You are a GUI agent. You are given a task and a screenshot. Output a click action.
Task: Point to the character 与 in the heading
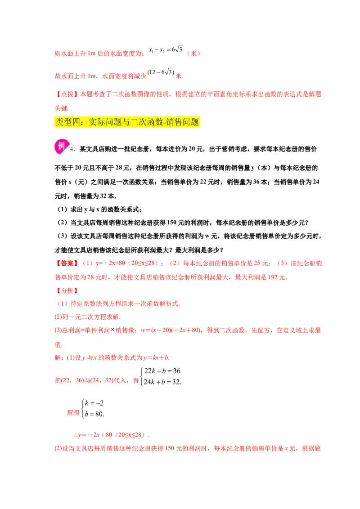point(122,122)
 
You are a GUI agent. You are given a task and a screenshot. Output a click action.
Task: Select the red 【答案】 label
point(66,263)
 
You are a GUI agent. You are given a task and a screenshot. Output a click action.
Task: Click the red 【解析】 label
point(66,290)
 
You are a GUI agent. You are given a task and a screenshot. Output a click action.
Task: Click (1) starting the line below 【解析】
point(62,304)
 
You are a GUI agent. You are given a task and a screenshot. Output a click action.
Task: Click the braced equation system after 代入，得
point(162,376)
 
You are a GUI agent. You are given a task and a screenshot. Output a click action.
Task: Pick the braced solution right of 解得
point(93,408)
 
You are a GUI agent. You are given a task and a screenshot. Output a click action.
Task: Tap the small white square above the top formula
point(174,45)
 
